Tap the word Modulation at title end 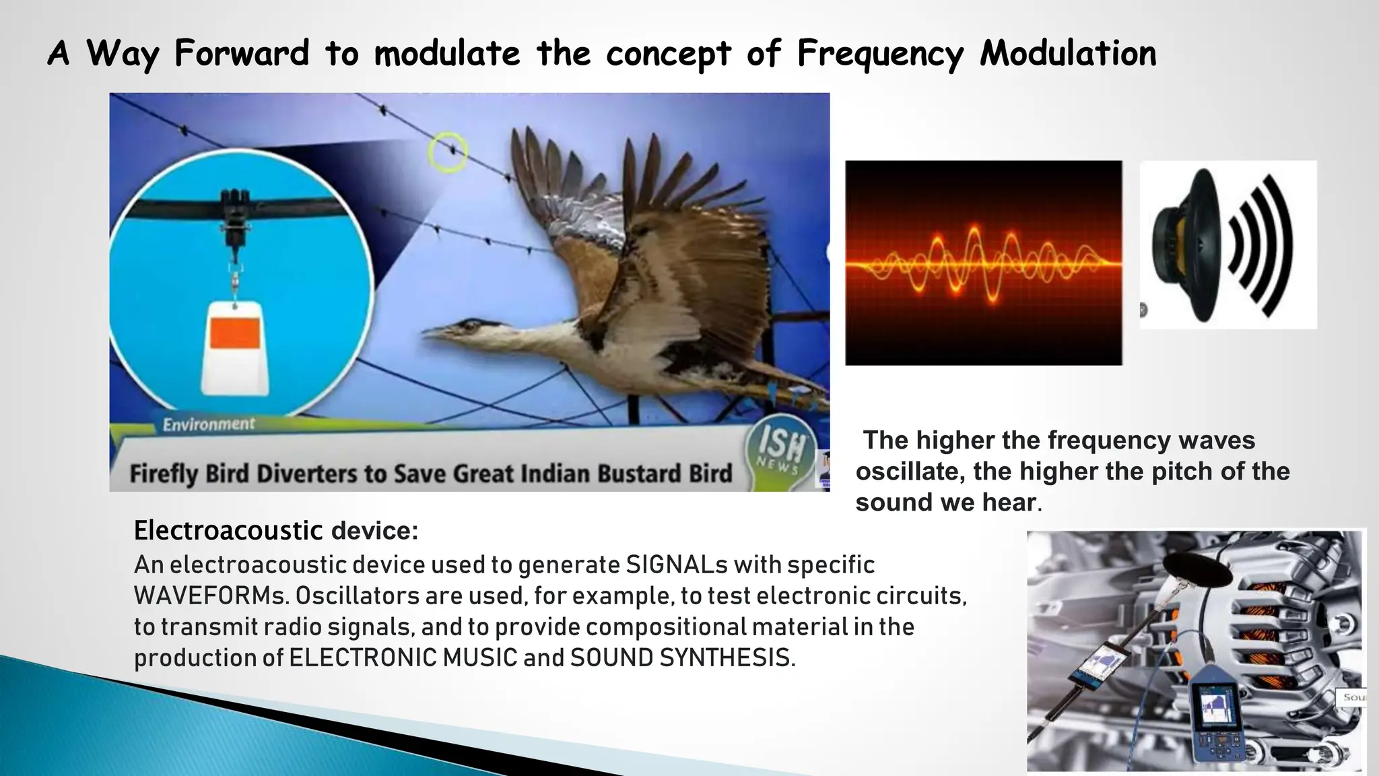click(x=1068, y=54)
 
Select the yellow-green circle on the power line click(x=448, y=152)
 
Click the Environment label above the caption click(x=209, y=424)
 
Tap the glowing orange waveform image click(x=983, y=263)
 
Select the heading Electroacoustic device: click(x=276, y=531)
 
